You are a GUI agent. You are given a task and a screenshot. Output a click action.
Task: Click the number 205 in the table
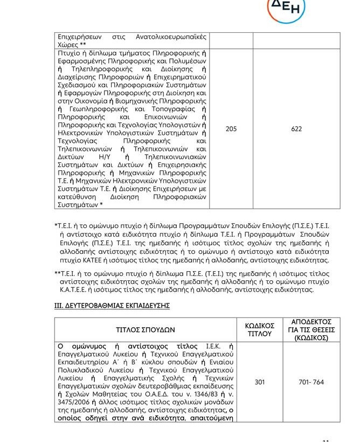[x=231, y=129]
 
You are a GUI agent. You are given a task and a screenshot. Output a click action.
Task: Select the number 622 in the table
[x=296, y=129]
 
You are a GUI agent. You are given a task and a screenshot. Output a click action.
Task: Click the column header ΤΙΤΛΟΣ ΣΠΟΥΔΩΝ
[x=146, y=329]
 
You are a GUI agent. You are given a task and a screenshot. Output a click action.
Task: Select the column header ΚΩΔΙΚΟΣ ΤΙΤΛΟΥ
[x=260, y=329]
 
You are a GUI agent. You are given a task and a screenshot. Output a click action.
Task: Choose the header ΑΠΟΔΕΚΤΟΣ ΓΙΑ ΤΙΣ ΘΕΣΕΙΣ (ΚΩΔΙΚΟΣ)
[x=314, y=329]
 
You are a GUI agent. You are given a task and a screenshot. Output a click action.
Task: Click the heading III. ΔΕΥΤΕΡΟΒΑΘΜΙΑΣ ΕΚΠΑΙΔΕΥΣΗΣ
[x=112, y=306]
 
